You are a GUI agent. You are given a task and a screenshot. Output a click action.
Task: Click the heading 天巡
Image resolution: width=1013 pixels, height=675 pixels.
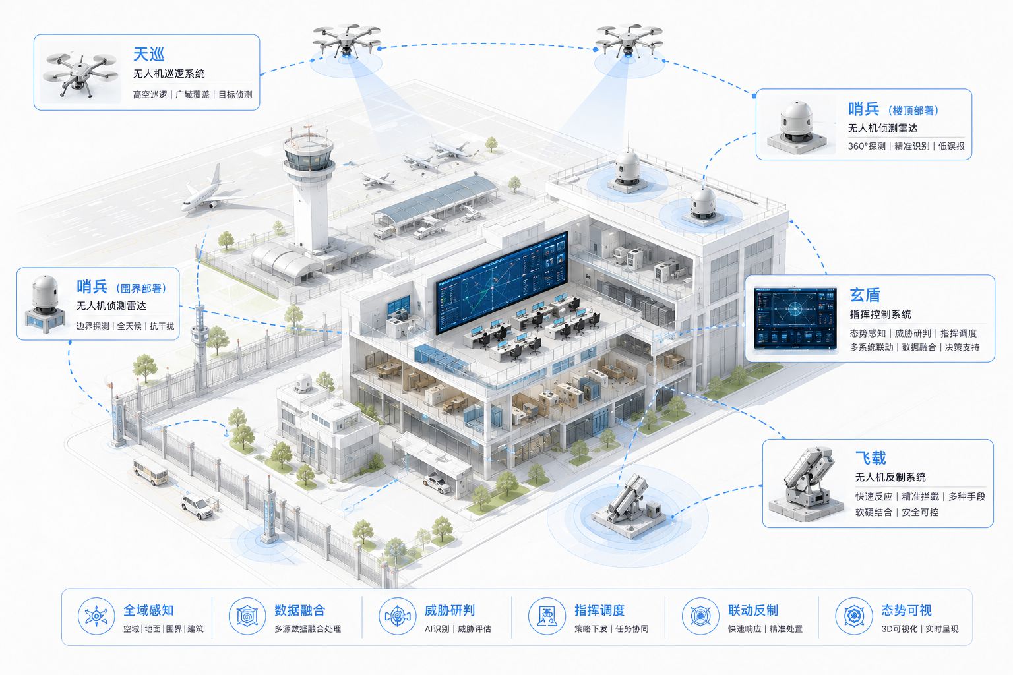[148, 54]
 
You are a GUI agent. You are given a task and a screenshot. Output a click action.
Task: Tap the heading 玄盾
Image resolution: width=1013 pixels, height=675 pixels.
[865, 295]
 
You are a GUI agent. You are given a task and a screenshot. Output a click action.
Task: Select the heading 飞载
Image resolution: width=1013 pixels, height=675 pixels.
[871, 457]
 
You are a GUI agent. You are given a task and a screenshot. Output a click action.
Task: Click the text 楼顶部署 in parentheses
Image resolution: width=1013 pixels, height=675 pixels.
[913, 110]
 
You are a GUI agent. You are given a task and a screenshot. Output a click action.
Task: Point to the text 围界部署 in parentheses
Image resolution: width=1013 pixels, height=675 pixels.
[141, 289]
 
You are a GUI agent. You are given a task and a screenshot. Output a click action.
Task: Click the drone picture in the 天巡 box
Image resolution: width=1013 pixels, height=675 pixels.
[80, 75]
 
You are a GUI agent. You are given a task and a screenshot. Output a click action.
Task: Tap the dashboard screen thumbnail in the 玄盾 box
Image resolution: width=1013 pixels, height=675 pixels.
[795, 318]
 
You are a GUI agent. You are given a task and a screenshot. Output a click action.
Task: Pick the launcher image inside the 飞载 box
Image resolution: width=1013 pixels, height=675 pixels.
[807, 484]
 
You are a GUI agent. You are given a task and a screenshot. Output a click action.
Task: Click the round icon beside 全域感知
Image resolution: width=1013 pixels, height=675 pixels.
[96, 616]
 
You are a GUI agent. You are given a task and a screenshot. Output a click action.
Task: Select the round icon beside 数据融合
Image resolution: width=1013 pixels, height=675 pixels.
[247, 616]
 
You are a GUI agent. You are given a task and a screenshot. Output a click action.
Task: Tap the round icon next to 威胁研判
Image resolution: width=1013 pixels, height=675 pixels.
[397, 616]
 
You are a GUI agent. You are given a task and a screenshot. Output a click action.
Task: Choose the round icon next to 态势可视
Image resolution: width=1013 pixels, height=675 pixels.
[854, 616]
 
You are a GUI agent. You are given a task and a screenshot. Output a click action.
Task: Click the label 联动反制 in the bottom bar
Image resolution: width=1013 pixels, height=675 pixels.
[753, 610]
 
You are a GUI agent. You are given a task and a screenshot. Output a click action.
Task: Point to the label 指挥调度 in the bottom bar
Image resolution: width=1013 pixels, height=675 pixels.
[599, 610]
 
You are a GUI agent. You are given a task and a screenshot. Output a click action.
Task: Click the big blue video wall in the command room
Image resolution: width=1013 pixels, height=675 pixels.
[501, 282]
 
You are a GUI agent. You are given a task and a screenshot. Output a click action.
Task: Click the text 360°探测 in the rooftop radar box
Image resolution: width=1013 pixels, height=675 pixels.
[867, 146]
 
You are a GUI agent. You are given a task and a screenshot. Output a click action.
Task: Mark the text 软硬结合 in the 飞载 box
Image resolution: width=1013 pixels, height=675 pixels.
[873, 512]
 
